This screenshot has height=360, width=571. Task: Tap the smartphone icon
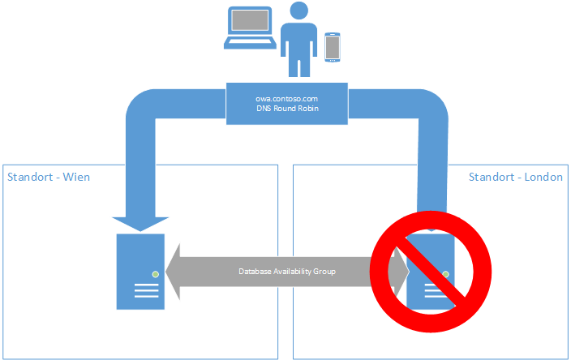click(x=331, y=47)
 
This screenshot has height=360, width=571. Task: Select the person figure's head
click(x=299, y=11)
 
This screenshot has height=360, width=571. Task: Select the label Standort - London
click(x=516, y=177)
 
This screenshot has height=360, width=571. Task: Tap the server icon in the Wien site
click(x=140, y=271)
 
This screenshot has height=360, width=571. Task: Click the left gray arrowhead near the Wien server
click(x=174, y=272)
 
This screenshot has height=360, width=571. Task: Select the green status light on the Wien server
click(x=152, y=272)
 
